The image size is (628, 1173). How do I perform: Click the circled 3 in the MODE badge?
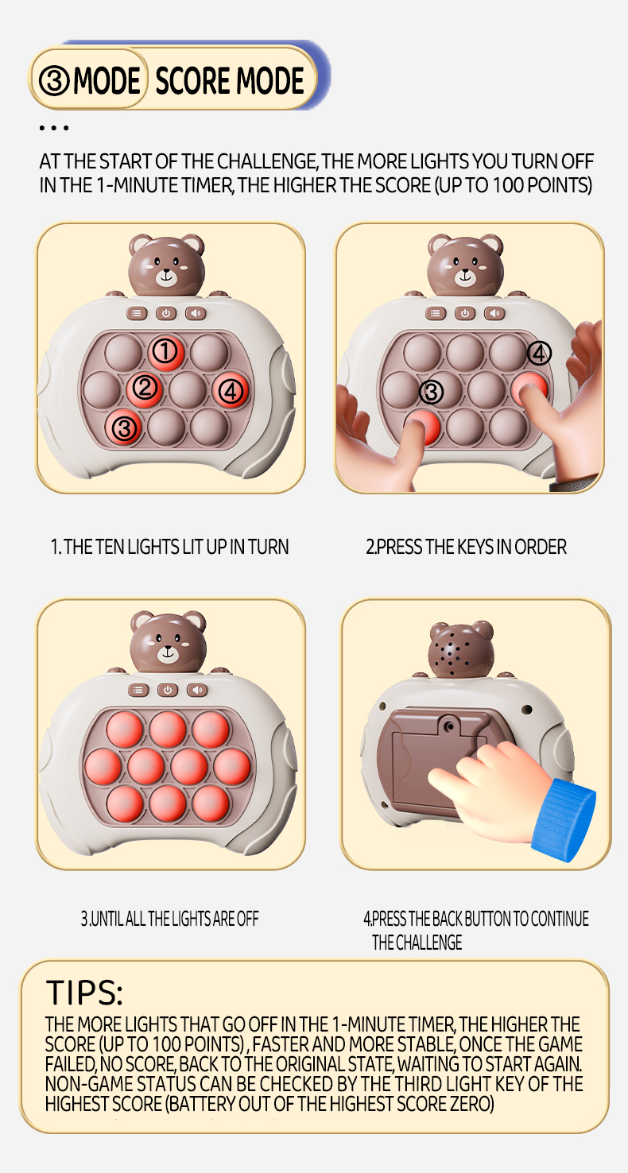tap(55, 80)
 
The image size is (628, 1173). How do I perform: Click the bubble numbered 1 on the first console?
tap(165, 352)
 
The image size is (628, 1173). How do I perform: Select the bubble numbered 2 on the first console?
tap(144, 389)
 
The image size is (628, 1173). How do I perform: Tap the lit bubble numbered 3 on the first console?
tap(123, 428)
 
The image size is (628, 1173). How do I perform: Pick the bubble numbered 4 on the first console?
tap(231, 390)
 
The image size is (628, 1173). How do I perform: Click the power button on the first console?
tap(166, 313)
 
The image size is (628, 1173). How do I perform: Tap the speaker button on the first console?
tap(196, 313)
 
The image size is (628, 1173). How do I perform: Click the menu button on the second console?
tap(436, 313)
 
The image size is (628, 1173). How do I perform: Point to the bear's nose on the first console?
tap(167, 273)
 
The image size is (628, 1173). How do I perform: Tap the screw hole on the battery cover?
tap(449, 727)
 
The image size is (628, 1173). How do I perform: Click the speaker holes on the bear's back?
tap(452, 655)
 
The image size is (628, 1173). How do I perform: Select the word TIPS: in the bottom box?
tap(83, 993)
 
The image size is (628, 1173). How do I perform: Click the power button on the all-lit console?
tap(168, 690)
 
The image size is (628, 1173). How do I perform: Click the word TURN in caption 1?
tap(268, 547)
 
